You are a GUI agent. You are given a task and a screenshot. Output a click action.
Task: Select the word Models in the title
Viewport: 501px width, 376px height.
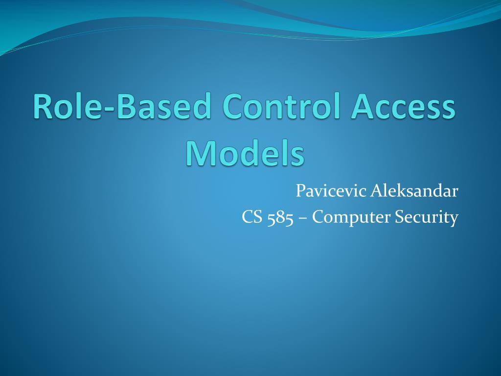coord(245,154)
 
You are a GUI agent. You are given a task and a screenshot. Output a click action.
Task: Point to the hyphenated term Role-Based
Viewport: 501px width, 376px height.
coord(123,108)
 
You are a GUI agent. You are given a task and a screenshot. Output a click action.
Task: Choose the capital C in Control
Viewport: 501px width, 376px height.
coord(234,108)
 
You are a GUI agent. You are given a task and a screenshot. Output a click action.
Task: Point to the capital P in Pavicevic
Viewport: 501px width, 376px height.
coord(300,191)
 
